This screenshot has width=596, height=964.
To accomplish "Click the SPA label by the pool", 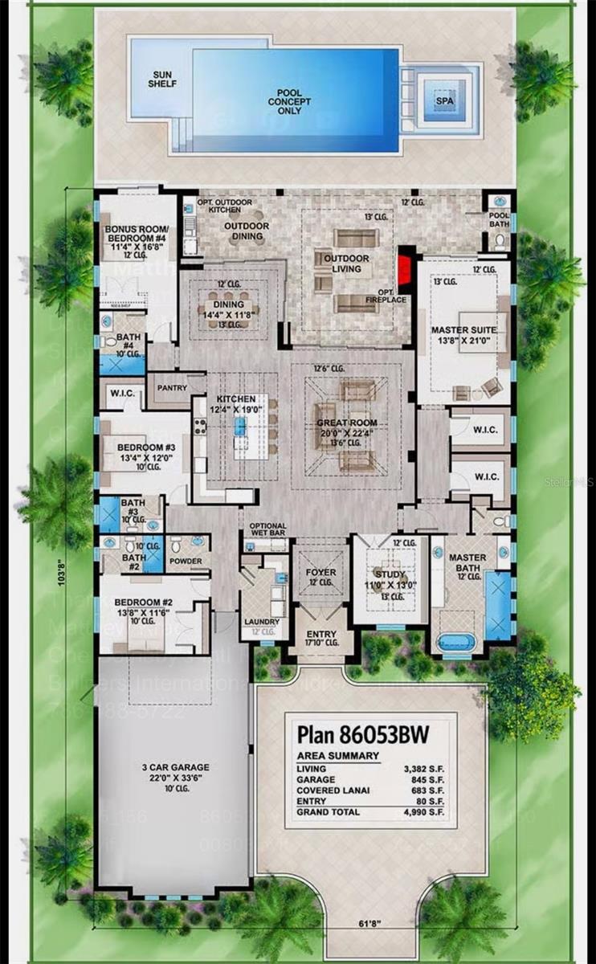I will [x=444, y=102].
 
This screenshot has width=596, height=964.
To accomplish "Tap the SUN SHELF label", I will [x=162, y=78].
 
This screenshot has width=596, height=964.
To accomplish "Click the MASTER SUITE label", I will [x=463, y=330].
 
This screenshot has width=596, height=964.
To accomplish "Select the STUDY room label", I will [x=387, y=574].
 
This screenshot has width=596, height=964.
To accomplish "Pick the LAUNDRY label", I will [x=261, y=622].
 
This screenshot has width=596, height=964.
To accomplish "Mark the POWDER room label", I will [x=186, y=561].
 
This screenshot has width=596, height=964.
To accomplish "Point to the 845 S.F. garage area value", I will [x=423, y=779].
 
